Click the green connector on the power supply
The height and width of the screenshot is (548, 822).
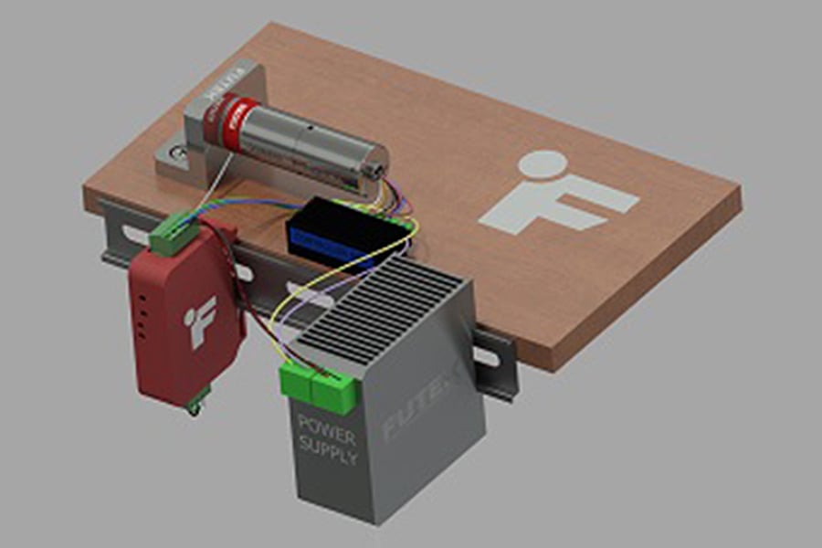tap(317, 382)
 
